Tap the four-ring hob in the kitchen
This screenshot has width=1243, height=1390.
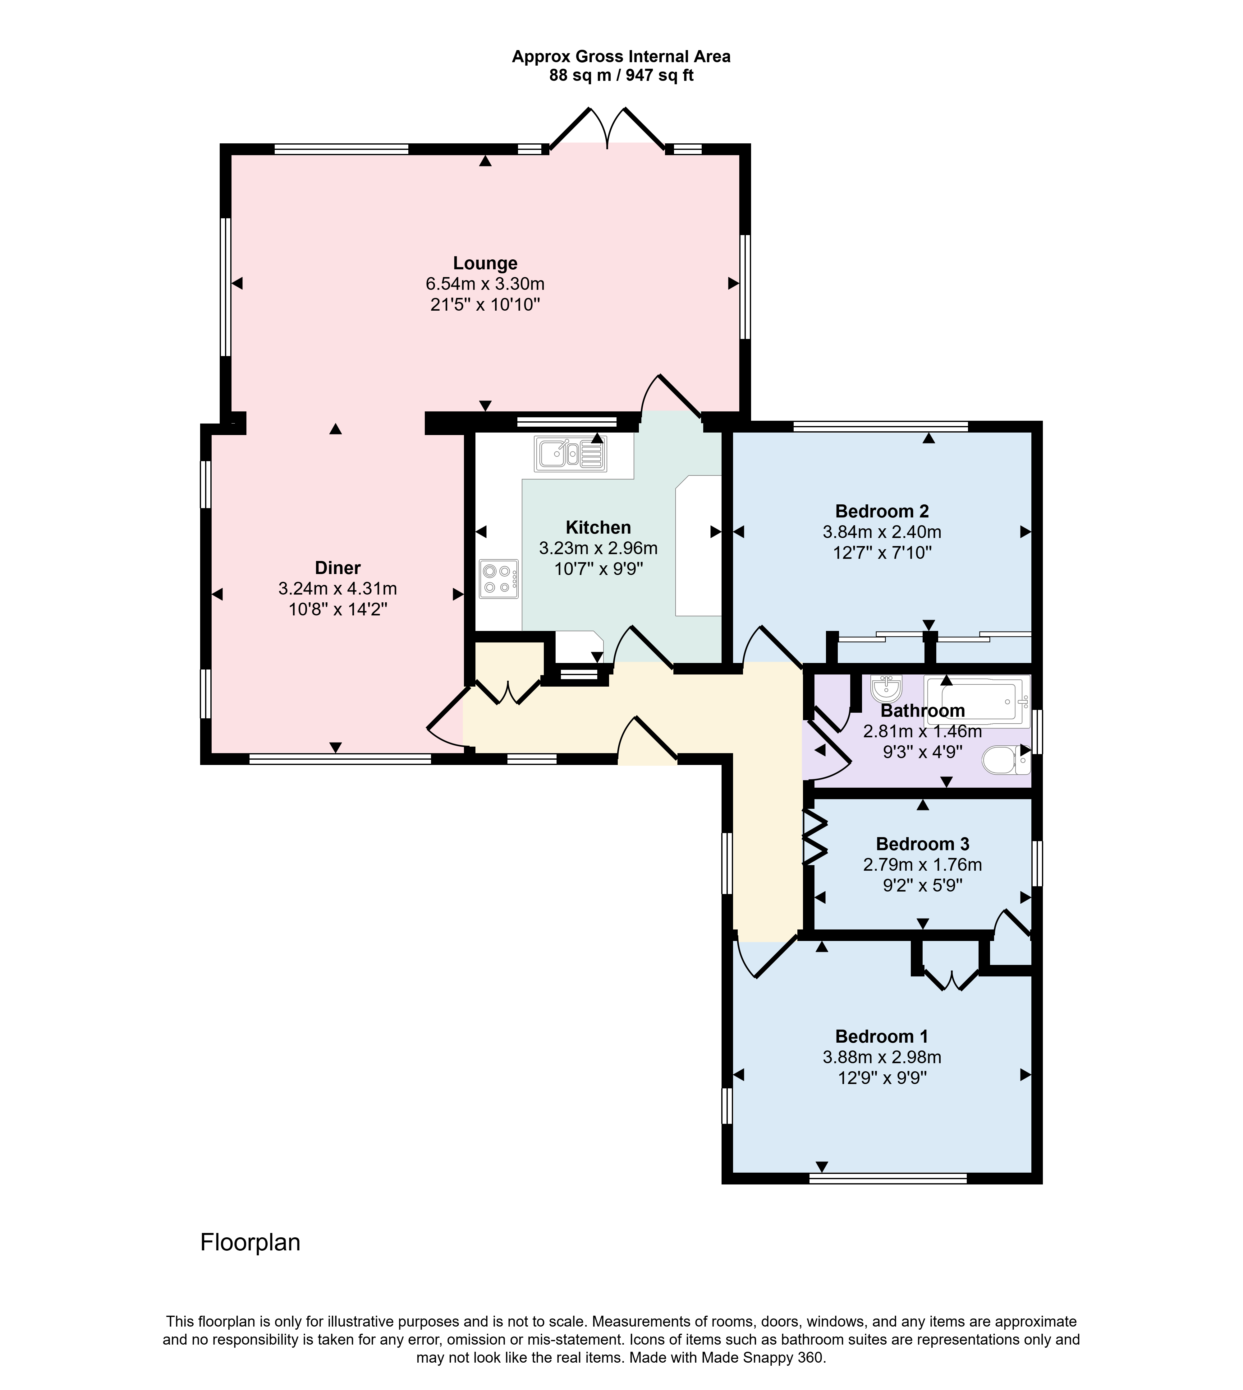498,580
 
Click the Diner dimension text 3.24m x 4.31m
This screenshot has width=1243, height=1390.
337,588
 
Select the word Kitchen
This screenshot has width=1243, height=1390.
598,528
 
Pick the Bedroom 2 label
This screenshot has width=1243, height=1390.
882,511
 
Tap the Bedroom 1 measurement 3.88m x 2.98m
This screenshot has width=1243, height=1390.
882,1057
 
